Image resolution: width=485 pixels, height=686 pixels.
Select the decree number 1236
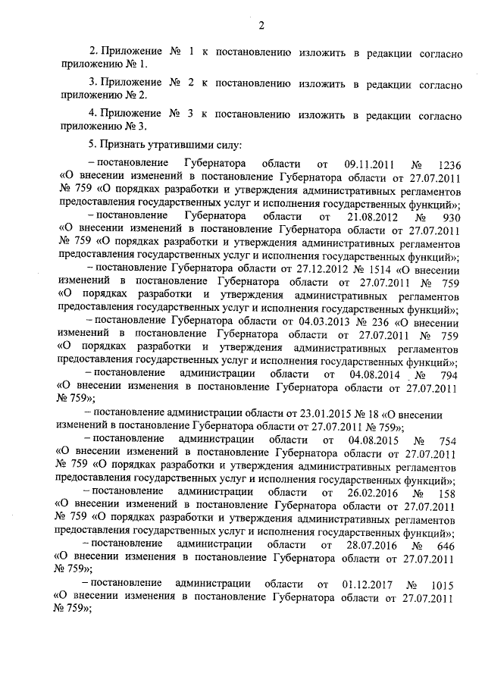tap(446, 164)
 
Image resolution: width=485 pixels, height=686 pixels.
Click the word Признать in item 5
tap(124, 144)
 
